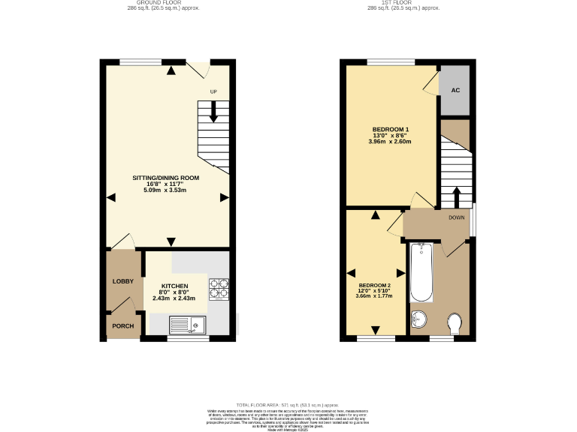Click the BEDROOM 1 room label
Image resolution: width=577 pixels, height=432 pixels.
coord(389,129)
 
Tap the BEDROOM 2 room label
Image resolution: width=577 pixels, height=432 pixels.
coord(374,286)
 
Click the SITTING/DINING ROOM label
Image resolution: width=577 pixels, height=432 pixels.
coord(167,178)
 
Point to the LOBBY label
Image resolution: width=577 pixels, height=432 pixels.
coord(122,281)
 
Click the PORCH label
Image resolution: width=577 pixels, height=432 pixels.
coord(122,326)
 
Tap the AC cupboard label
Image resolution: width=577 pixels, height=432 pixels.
coord(455,90)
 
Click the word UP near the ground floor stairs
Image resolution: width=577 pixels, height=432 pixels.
coord(213,92)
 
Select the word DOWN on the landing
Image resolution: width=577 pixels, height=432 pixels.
coord(457,217)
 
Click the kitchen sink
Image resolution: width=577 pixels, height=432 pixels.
coord(188,324)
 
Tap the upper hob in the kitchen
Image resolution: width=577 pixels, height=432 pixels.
coord(219,283)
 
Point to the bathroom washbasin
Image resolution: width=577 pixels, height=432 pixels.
coord(418,320)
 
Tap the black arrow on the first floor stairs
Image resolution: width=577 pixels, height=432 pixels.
coord(455,197)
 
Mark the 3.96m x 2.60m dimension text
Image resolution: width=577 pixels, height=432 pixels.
coord(389,142)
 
